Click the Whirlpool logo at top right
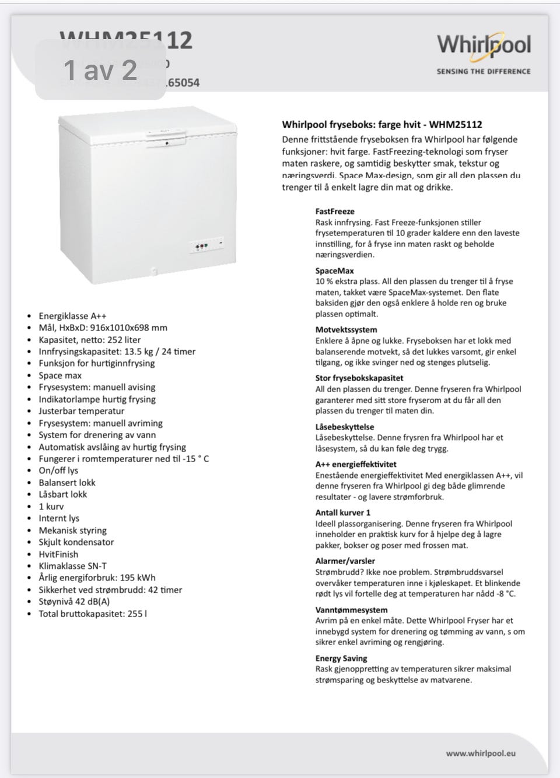click(484, 46)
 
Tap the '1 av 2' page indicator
click(100, 70)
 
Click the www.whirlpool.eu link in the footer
click(481, 753)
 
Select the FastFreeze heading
click(335, 211)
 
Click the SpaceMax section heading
click(335, 270)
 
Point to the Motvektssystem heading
click(346, 329)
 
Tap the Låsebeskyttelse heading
click(345, 427)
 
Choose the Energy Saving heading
click(341, 658)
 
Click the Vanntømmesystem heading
click(351, 610)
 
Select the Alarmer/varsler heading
click(345, 561)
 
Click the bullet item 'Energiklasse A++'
click(72, 316)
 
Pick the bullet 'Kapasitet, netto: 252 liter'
click(89, 340)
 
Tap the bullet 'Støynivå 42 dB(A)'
click(74, 601)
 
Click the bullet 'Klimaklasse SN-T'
click(72, 566)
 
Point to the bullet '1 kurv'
click(51, 506)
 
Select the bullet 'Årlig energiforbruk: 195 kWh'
click(97, 578)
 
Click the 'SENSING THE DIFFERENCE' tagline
click(484, 71)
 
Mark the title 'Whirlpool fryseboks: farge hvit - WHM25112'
click(382, 124)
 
